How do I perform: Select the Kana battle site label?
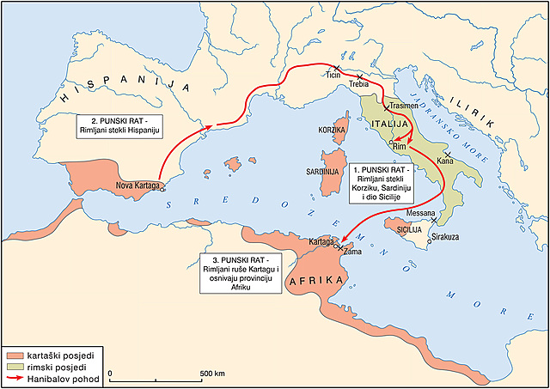click(x=445, y=161)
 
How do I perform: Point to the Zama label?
click(x=351, y=253)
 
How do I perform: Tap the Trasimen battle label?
click(x=403, y=106)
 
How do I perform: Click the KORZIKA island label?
click(x=331, y=130)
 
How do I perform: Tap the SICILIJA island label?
click(x=409, y=230)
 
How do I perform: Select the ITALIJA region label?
click(x=388, y=125)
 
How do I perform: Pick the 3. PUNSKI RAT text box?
click(x=241, y=276)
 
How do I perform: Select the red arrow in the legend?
click(x=15, y=379)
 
